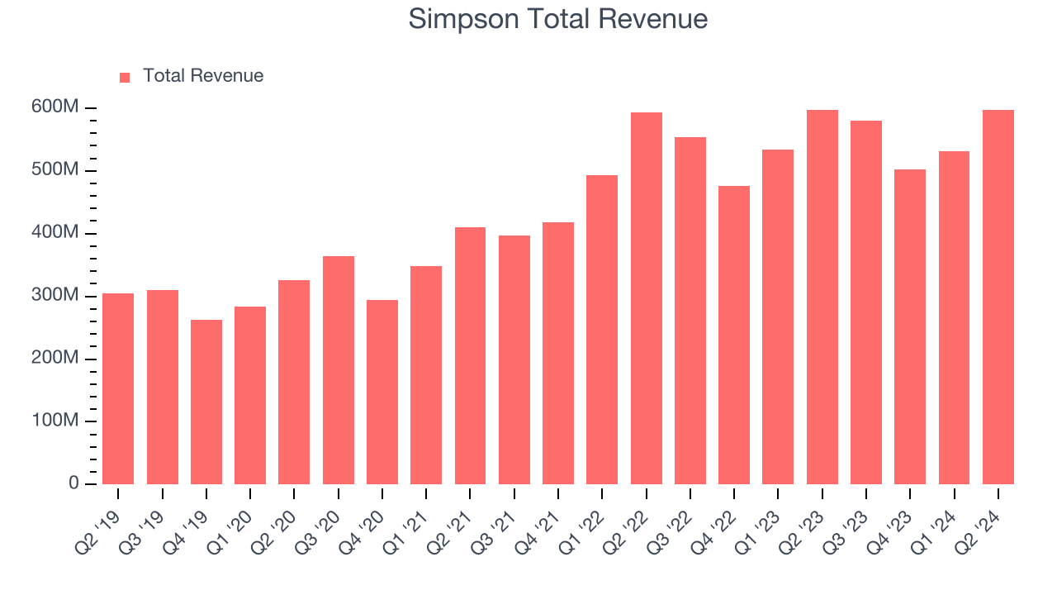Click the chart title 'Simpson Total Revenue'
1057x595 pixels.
point(558,19)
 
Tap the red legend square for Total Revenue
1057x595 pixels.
point(125,77)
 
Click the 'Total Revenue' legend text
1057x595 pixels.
point(203,76)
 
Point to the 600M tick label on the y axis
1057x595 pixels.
point(56,108)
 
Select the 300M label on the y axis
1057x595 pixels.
point(56,296)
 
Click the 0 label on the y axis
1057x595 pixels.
point(73,483)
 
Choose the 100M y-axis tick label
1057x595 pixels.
point(56,421)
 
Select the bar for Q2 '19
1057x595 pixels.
point(118,388)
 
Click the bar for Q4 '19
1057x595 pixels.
point(206,402)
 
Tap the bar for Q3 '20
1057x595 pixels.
point(339,370)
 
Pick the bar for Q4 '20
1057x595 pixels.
point(382,392)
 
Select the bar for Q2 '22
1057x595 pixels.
point(647,298)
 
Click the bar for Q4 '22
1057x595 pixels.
point(734,335)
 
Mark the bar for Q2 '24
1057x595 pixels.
point(998,297)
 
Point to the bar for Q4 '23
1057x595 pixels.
point(910,326)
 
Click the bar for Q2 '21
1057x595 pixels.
point(470,355)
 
